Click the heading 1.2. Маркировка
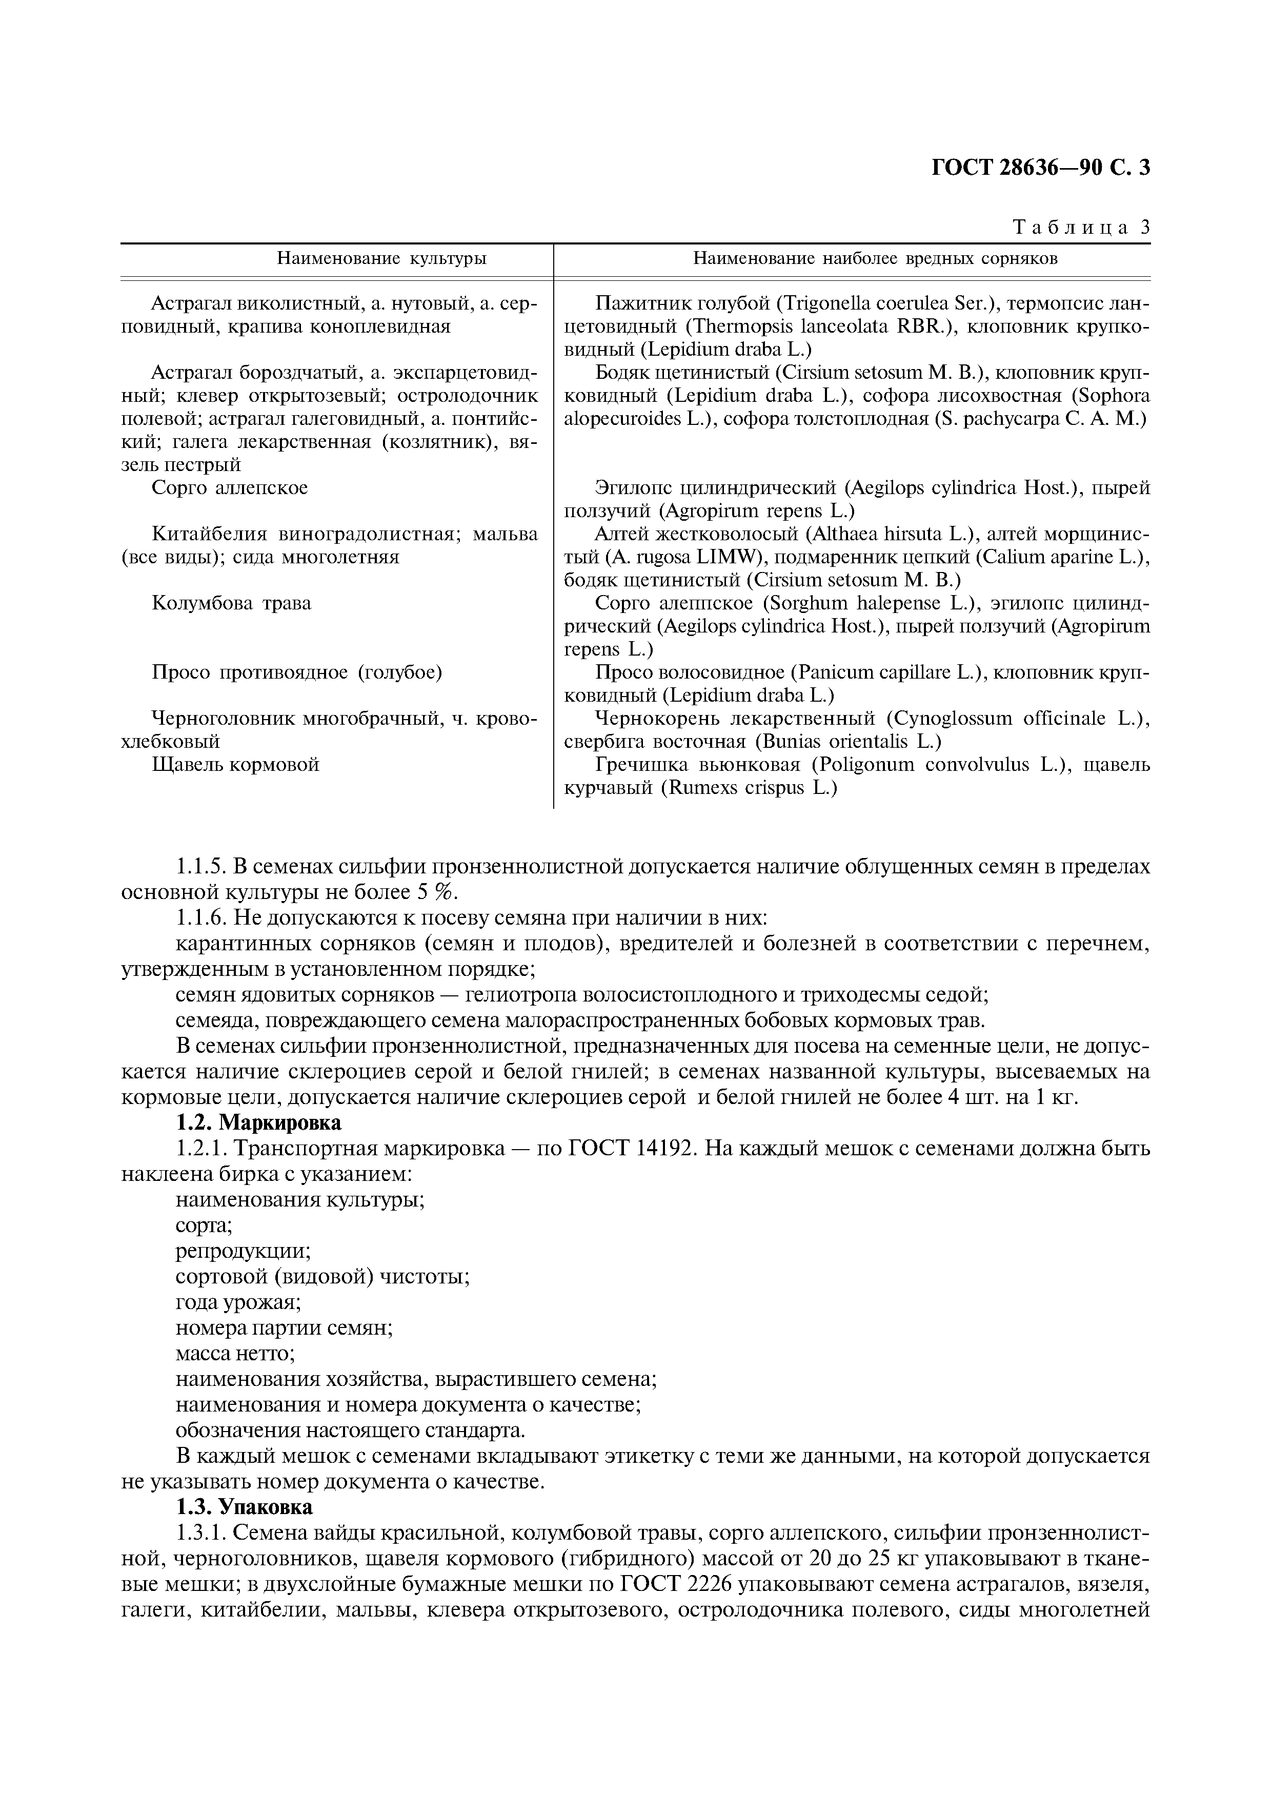point(258,1123)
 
